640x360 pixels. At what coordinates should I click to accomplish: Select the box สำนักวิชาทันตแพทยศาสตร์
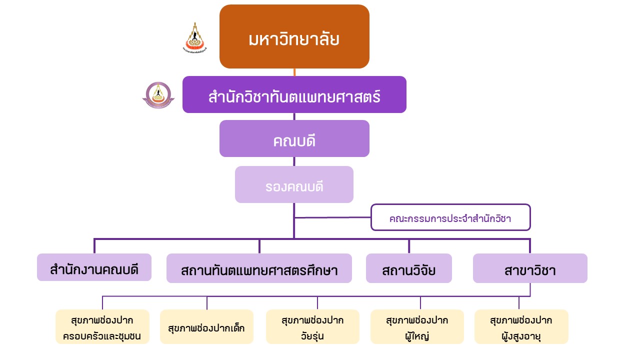tap(294, 94)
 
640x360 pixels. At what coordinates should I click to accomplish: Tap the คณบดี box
tap(294, 138)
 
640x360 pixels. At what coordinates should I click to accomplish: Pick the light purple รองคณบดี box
tap(294, 184)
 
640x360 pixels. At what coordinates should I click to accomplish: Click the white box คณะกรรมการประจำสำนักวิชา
tap(450, 217)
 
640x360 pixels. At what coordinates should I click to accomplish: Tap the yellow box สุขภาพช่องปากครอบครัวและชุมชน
tap(102, 327)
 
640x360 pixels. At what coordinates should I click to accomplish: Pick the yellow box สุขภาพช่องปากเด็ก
tap(206, 327)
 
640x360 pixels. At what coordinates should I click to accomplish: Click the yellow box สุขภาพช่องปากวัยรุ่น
tap(312, 327)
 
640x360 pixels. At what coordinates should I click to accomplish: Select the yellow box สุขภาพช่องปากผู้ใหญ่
tap(417, 327)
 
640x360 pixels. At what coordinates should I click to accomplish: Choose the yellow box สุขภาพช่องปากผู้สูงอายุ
tap(521, 327)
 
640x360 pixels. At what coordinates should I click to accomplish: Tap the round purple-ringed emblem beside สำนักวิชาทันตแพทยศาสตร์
tap(158, 95)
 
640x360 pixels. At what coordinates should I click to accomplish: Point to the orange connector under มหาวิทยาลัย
tap(294, 72)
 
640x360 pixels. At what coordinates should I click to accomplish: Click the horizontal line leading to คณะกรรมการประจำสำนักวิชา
tap(332, 217)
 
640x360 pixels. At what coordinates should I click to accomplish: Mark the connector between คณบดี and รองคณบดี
tap(294, 161)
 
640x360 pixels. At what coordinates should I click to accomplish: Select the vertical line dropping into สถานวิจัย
tap(408, 246)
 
